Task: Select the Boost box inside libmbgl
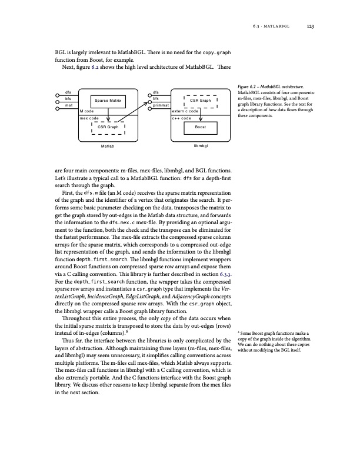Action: (x=200, y=127)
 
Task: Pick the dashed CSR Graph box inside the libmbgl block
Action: (x=201, y=101)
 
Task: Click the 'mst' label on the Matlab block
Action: (x=69, y=105)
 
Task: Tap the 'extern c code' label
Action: (x=184, y=111)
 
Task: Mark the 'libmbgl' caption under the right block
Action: (x=201, y=145)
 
